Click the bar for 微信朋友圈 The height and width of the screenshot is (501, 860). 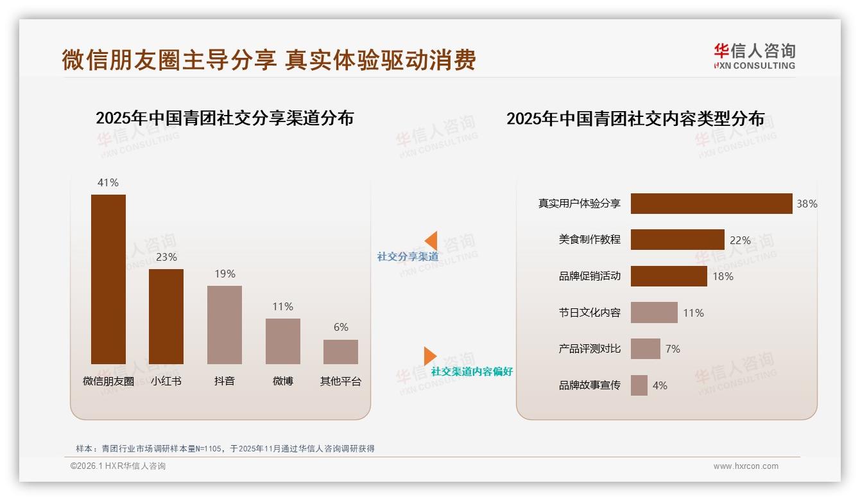tap(108, 279)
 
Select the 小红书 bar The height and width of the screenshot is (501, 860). tap(166, 316)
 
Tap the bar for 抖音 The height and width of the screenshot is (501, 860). tap(225, 324)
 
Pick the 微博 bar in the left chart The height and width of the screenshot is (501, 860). tap(282, 341)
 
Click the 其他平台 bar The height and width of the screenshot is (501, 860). tap(341, 351)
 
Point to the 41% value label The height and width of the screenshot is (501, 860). tap(108, 182)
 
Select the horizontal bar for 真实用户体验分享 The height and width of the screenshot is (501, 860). tap(711, 204)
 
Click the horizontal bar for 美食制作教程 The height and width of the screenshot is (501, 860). tap(677, 240)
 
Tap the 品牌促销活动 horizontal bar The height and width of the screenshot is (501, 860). tap(669, 276)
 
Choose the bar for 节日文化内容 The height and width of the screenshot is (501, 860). tap(654, 313)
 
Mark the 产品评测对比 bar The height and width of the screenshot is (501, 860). tap(645, 349)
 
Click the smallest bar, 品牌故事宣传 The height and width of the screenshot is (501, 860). tap(639, 385)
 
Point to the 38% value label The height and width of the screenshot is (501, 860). tap(807, 204)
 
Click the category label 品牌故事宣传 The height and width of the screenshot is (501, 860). tap(589, 385)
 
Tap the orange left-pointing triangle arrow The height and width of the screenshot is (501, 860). tap(431, 240)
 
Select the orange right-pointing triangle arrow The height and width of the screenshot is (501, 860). tap(430, 356)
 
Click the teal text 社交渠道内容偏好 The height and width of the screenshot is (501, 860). tap(472, 372)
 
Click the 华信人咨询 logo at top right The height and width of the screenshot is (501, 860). tap(754, 57)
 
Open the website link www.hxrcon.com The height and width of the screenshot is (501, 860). tap(745, 466)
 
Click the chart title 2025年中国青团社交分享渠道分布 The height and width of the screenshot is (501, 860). tap(225, 118)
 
